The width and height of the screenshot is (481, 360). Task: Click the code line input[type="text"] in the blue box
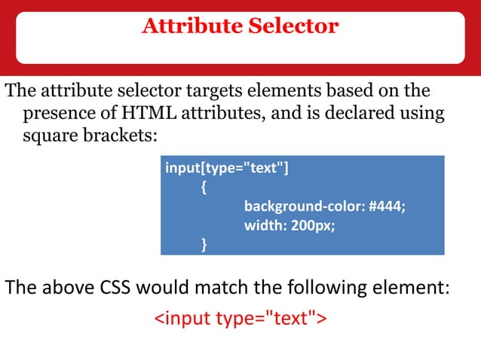[226, 168]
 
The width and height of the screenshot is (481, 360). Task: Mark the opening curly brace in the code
[204, 187]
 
